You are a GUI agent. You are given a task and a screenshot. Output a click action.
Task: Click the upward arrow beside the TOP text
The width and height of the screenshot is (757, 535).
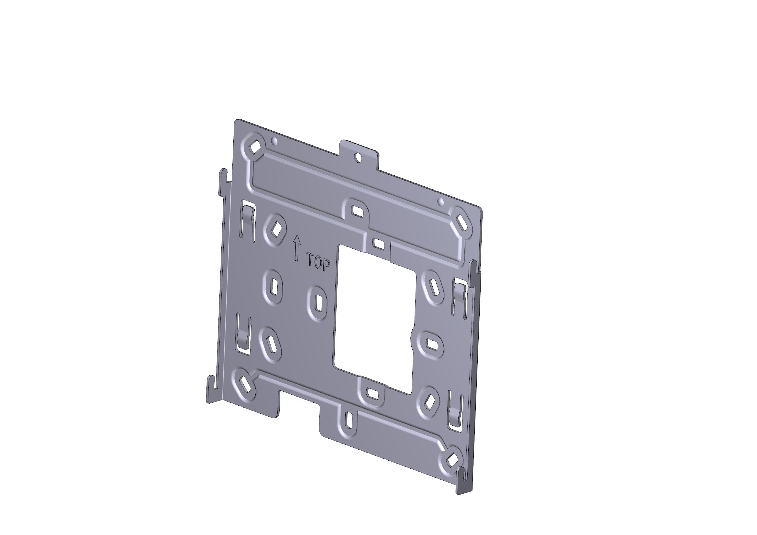(x=297, y=248)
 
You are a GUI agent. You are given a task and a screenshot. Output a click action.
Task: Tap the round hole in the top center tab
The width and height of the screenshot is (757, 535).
(x=358, y=158)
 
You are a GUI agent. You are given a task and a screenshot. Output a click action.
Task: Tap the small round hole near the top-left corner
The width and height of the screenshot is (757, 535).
(x=274, y=141)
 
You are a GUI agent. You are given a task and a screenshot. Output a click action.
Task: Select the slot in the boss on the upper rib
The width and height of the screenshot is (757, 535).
(x=356, y=210)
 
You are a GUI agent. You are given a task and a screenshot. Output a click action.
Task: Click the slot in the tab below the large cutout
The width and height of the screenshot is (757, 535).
(x=373, y=393)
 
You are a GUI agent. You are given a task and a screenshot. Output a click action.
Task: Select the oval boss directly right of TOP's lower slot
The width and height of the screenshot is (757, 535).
(x=317, y=302)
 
